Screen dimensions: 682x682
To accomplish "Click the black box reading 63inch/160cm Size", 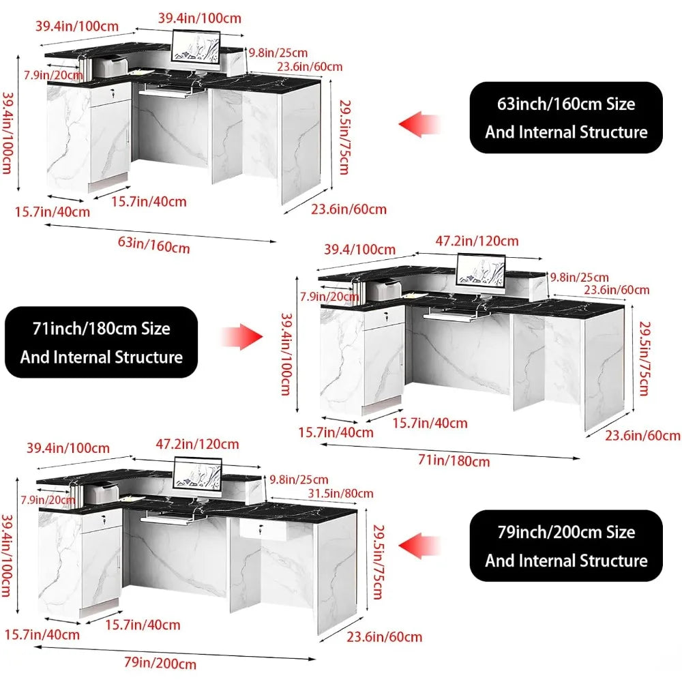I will click(566, 117).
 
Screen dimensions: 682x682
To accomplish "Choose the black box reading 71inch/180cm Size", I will click(102, 342).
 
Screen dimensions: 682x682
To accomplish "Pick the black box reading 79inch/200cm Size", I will click(566, 546).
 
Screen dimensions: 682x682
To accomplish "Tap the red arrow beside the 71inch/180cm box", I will click(241, 336).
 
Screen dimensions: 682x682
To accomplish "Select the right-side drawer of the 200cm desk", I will click(263, 530).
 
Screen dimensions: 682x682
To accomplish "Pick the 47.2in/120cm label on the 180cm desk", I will click(477, 241).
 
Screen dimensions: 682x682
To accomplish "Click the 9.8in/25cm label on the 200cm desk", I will click(298, 479).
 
